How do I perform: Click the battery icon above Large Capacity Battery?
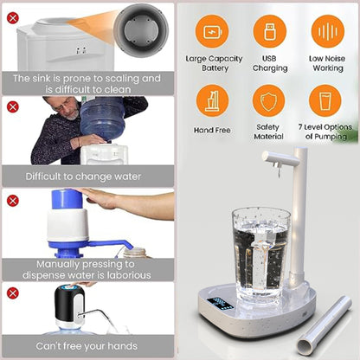[x=212, y=32]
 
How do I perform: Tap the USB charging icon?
[x=269, y=32]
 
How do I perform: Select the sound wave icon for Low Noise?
[x=326, y=32]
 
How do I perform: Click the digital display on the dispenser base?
[x=222, y=305]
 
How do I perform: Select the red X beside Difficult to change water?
[x=12, y=106]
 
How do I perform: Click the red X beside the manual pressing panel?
[x=12, y=200]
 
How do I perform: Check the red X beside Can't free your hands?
[x=12, y=292]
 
